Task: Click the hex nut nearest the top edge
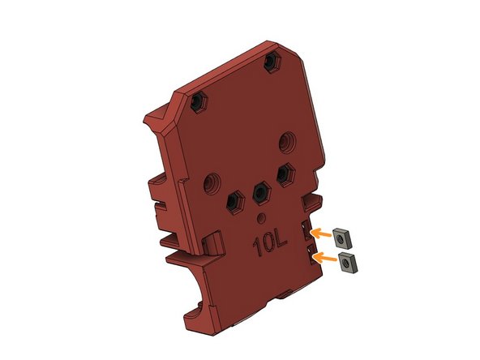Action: [273, 62]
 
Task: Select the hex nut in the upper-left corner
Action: [197, 103]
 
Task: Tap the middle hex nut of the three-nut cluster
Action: [260, 191]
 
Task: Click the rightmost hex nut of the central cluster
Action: [285, 174]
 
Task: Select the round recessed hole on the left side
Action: [212, 181]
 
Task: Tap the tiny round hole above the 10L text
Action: [261, 218]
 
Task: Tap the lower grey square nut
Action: [349, 263]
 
